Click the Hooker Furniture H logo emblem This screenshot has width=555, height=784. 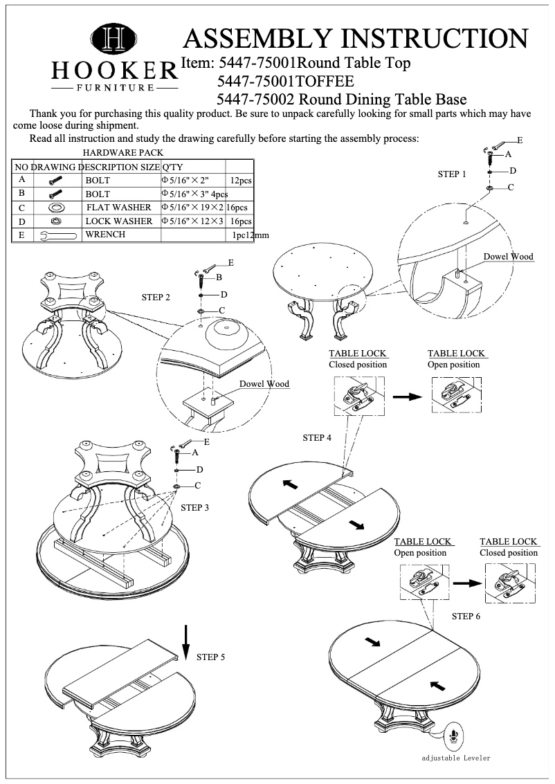pos(114,39)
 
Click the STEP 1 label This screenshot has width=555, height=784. pos(452,174)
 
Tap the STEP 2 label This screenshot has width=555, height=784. pos(156,298)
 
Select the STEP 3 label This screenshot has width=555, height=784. pos(195,507)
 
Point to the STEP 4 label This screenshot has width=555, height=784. pos(317,438)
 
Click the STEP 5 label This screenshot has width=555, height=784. pos(210,657)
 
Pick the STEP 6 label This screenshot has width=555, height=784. pos(466,616)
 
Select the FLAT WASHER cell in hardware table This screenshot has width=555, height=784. pos(118,208)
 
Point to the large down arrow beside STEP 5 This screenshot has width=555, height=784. pos(185,642)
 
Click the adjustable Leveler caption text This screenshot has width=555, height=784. pos(456,758)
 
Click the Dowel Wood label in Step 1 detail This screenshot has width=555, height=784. pos(508,257)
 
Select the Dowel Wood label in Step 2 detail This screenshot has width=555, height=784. pos(264,384)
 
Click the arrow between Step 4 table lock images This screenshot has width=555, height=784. pos(407,396)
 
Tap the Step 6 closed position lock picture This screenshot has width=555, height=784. pos(509,580)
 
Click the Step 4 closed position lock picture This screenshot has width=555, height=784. pos(359,396)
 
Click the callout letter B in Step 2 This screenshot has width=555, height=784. pos(219,277)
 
